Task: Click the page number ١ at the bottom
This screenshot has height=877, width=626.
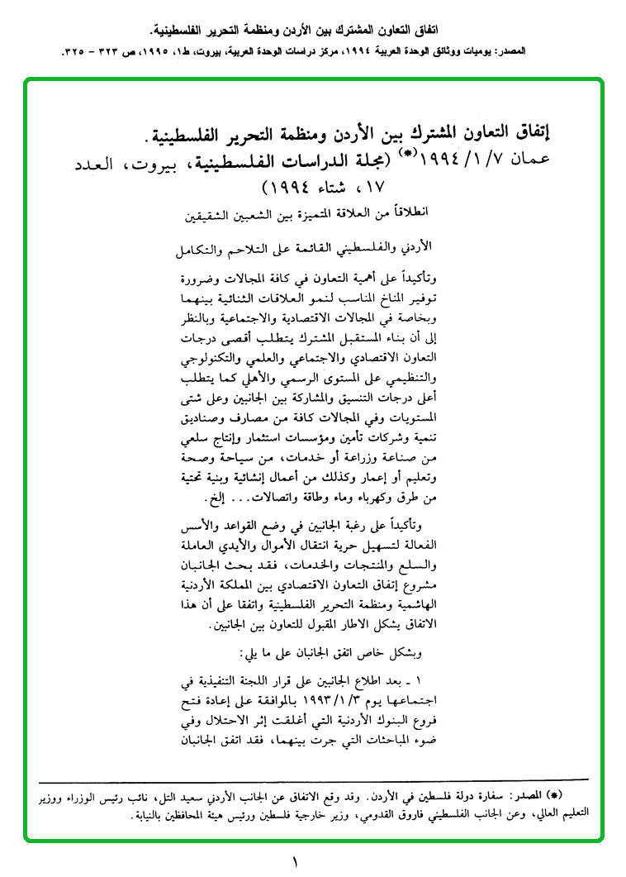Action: [x=294, y=862]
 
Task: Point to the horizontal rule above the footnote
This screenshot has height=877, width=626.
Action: [x=313, y=779]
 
